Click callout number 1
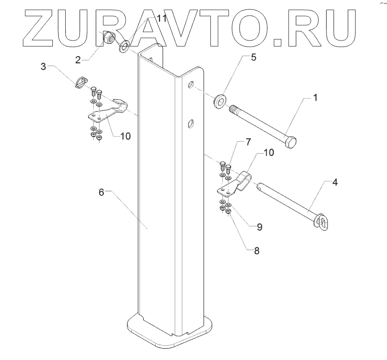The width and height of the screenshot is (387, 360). pyautogui.click(x=315, y=97)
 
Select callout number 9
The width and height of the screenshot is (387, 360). pyautogui.click(x=259, y=227)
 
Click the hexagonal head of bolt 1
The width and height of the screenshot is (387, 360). pyautogui.click(x=291, y=142)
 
